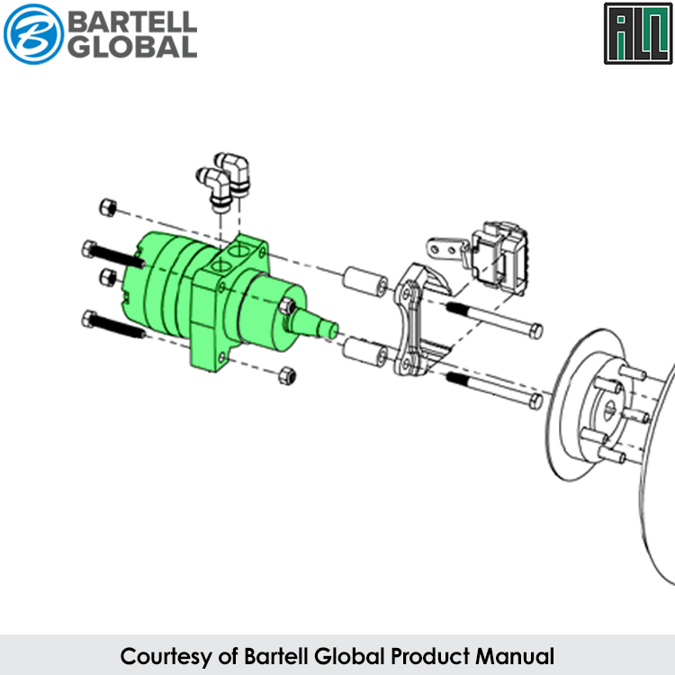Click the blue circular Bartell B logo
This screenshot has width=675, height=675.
(33, 34)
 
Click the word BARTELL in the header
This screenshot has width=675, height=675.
(132, 22)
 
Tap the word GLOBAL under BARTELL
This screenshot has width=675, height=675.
(132, 47)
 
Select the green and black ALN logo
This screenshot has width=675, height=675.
(638, 33)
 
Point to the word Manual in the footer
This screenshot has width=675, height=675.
(515, 656)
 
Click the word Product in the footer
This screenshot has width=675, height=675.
(430, 656)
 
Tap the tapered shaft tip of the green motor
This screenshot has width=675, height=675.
(317, 325)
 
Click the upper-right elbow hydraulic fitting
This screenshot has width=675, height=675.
(234, 173)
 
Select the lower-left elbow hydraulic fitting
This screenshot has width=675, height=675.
(215, 189)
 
